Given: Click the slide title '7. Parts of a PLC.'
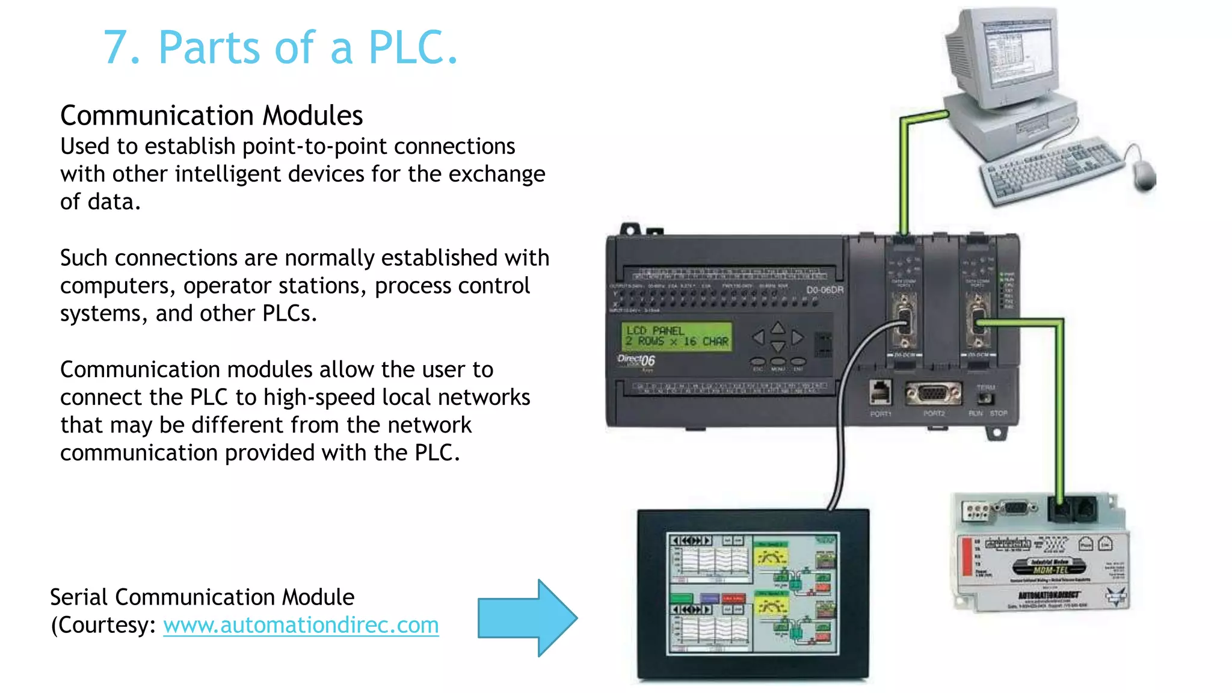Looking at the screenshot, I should [280, 48].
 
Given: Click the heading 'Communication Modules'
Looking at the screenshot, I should [211, 115].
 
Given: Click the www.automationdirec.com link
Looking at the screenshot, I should [301, 625].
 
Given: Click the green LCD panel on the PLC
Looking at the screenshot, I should [677, 336].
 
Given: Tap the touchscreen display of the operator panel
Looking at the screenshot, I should [753, 593].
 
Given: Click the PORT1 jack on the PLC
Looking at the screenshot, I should [881, 393].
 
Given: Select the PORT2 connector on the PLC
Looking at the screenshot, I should [934, 395].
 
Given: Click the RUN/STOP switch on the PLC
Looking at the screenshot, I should [985, 399].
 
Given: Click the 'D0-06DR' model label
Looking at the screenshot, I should [825, 290].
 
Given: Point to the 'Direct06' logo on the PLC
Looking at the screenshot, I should [636, 360].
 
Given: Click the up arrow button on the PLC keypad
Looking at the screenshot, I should [778, 327].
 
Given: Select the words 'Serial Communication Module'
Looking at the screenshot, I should [202, 597].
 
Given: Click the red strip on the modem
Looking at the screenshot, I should [967, 556].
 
